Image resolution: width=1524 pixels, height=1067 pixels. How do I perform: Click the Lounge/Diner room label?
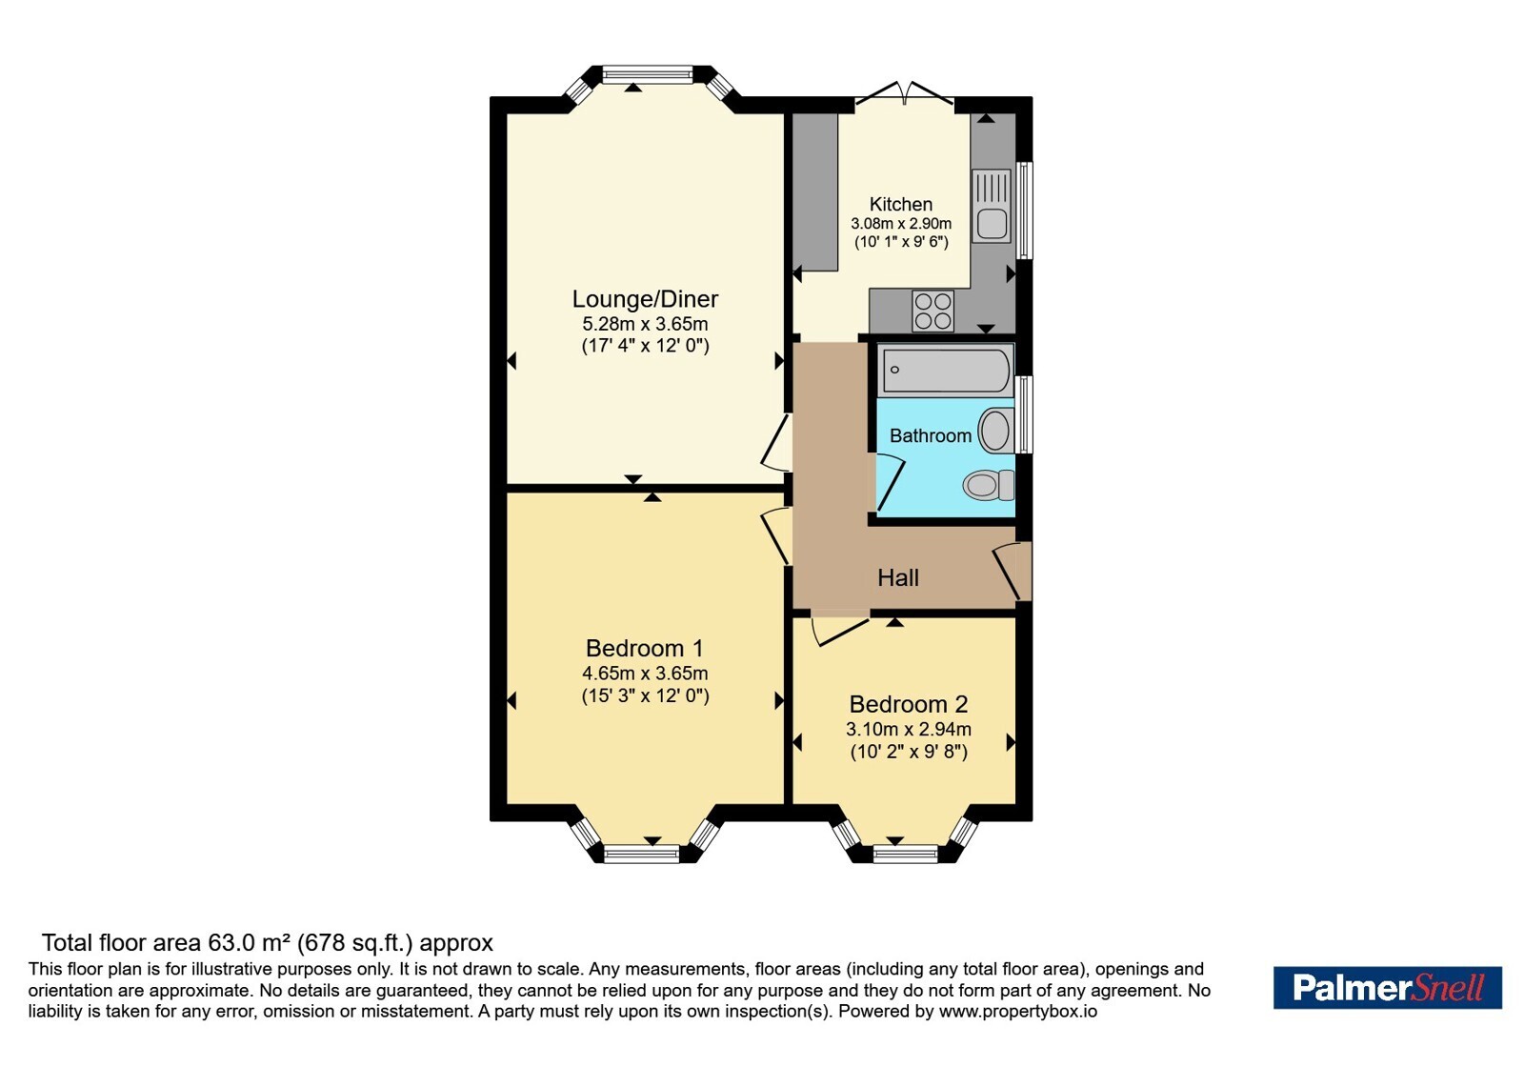point(645,299)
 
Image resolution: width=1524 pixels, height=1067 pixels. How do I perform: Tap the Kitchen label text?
point(901,204)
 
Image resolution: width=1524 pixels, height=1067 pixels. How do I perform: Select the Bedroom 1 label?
point(644,648)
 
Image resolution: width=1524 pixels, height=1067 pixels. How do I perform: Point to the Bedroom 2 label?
point(909,704)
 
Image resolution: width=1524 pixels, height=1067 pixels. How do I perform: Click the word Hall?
point(898,577)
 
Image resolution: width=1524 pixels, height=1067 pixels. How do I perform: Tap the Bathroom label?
point(930,435)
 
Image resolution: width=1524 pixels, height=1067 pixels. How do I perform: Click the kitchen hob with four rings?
point(932,311)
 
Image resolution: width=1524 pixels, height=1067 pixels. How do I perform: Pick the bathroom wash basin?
point(996,430)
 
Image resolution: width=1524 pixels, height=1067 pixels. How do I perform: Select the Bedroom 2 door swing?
point(841,629)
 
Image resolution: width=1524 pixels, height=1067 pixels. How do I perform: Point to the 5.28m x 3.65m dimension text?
point(645,324)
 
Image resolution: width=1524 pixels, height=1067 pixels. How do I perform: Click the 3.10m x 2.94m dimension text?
point(909,730)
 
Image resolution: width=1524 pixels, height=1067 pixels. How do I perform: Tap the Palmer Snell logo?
point(1387,987)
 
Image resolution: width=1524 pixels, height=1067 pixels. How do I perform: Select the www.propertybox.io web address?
point(1018,1011)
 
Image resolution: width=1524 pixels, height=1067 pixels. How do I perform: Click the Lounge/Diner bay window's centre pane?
point(647,75)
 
